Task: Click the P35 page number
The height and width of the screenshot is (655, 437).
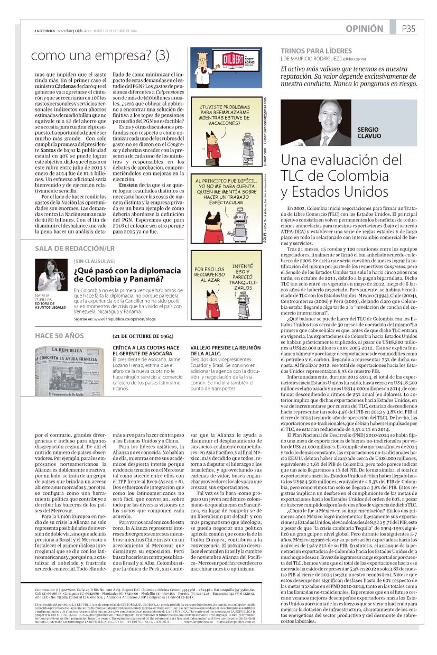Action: pos(408,29)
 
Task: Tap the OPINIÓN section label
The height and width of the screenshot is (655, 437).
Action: pos(365,29)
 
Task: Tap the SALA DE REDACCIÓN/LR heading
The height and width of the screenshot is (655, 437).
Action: pos(68,248)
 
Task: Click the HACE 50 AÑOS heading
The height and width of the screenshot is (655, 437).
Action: pos(59,336)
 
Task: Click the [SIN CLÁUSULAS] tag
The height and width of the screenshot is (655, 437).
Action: pos(94,261)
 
